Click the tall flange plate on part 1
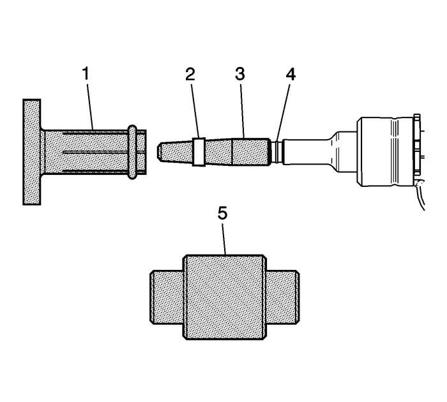pyautogui.click(x=32, y=152)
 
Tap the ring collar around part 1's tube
pyautogui.click(x=132, y=151)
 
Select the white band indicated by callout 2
pyautogui.click(x=198, y=152)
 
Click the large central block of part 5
pyautogui.click(x=224, y=296)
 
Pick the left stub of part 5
pyautogui.click(x=167, y=296)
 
